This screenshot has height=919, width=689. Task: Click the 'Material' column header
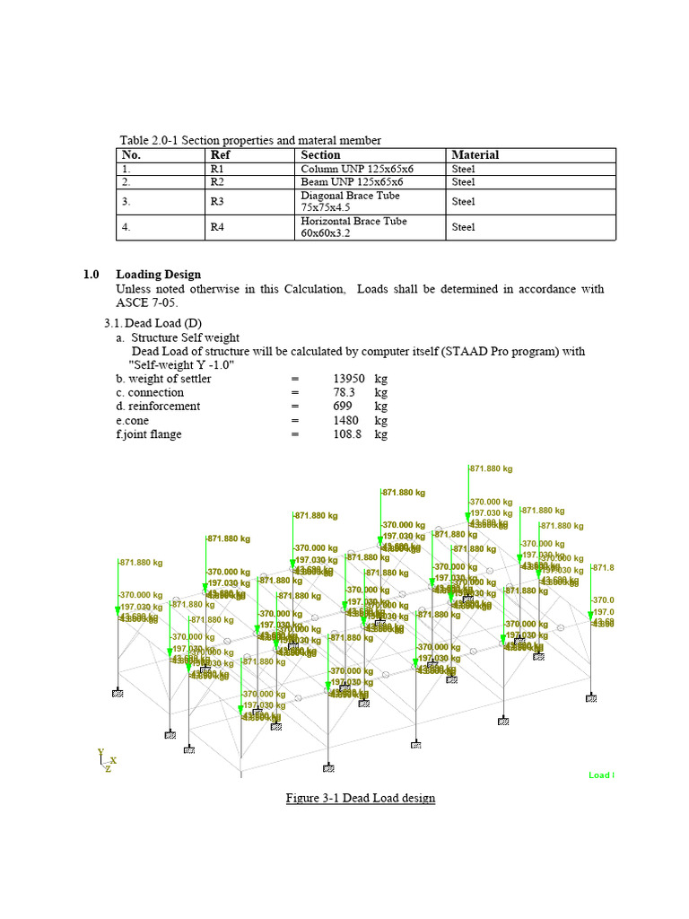[475, 155]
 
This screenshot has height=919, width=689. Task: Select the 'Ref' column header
[220, 155]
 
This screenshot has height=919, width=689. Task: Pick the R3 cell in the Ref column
[217, 202]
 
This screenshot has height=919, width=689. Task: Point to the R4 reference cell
[217, 227]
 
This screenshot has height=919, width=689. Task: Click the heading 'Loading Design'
[159, 275]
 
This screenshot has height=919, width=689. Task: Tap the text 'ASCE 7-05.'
[142, 302]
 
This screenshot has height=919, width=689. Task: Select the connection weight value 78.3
[344, 392]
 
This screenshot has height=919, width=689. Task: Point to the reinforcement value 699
[344, 407]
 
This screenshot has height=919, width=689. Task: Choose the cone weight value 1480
[345, 420]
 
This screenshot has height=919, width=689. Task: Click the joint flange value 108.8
[346, 434]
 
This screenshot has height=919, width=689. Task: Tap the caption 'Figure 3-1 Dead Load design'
[360, 798]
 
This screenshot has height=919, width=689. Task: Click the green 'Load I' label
[601, 775]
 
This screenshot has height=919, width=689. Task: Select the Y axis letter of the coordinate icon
[101, 753]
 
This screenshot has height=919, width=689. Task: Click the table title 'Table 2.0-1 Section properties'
[250, 140]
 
